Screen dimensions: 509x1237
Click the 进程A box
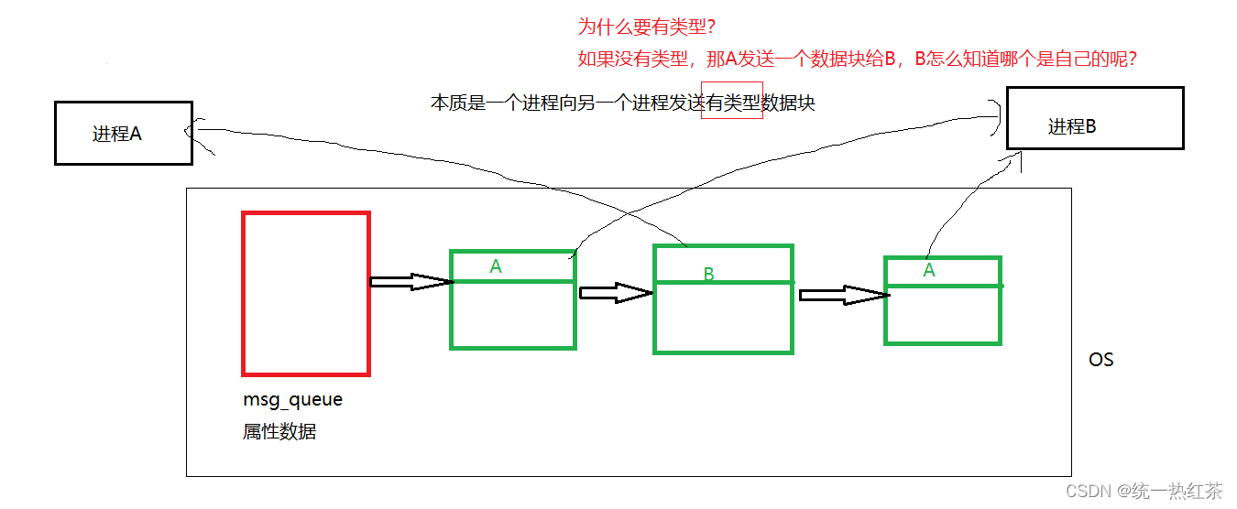123,134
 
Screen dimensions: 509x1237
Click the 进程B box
1094,118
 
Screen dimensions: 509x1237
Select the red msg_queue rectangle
306,294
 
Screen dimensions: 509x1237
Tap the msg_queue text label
292,400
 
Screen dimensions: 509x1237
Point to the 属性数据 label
279,431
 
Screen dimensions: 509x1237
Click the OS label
1100,360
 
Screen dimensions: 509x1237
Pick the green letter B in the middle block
708,274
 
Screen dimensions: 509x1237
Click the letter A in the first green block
496,266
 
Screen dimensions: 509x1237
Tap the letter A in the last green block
929,270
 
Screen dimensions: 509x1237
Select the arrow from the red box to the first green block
411,282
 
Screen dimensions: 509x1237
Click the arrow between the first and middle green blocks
615,293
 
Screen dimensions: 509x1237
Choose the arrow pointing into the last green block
843,295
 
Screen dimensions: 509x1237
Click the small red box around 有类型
731,101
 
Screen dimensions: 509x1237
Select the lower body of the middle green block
723,317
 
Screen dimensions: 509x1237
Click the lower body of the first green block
513,314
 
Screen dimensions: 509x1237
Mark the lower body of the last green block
943,314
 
